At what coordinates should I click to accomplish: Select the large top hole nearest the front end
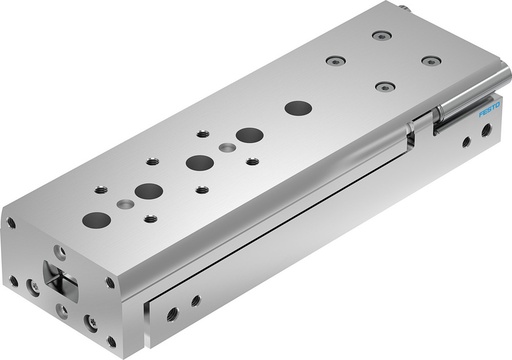point(97,219)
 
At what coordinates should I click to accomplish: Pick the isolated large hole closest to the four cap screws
point(297,107)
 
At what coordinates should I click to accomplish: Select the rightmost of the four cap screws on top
point(430,61)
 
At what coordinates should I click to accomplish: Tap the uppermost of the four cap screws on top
point(380,35)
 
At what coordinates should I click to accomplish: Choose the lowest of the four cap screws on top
point(382,86)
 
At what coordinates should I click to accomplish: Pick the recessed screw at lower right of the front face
point(91,322)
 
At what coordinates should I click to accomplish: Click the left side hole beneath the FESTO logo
point(465,142)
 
